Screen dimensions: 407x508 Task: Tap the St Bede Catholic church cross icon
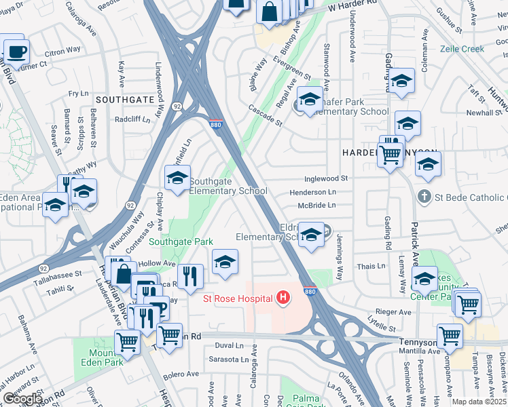point(424,196)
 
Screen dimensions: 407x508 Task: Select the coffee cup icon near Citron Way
point(16,51)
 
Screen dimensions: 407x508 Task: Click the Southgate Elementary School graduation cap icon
point(177,178)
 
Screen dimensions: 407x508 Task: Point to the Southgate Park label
point(181,241)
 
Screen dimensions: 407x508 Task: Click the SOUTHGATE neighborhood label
point(125,99)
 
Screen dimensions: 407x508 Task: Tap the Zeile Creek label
point(463,49)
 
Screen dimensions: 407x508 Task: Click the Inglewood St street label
point(327,178)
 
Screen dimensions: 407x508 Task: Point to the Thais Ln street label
point(371,267)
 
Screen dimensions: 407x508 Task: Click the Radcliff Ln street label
point(132,119)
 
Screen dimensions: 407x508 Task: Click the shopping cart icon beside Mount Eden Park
point(127,343)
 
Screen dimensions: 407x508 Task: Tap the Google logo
point(22,399)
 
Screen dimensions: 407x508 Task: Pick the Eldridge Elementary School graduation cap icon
point(311,235)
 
